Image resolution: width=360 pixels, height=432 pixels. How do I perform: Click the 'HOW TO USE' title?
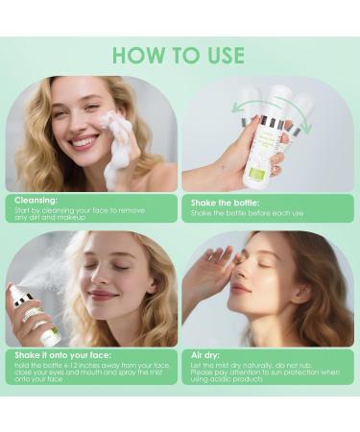[180, 55]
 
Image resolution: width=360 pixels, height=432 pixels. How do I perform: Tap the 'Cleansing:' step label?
[36, 202]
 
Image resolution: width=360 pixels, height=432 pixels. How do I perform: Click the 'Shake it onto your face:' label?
[58, 354]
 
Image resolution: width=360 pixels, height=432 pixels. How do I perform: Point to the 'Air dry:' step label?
[207, 354]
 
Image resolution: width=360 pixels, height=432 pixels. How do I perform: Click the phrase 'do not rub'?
[307, 363]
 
